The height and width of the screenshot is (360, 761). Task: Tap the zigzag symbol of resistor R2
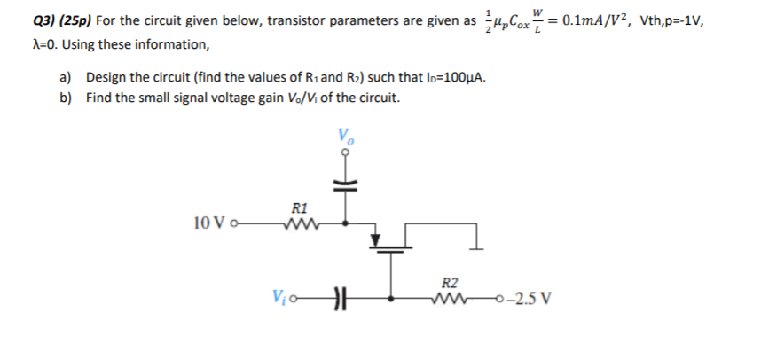(x=450, y=299)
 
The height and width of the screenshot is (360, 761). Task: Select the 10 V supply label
(x=208, y=225)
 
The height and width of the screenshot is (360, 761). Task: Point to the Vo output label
(x=344, y=137)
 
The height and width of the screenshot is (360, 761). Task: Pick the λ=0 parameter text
(x=21, y=44)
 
